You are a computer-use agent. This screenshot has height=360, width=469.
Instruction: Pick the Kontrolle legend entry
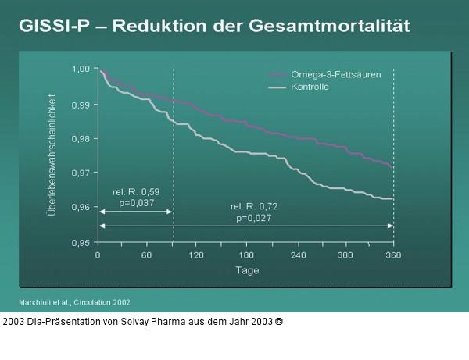click(x=310, y=87)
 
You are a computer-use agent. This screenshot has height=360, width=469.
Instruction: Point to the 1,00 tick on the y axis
click(x=81, y=70)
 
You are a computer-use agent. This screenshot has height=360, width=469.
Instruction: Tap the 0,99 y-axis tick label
click(x=81, y=104)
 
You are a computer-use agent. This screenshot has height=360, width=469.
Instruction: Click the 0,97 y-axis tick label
click(x=81, y=173)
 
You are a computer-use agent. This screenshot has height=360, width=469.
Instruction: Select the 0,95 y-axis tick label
click(x=81, y=242)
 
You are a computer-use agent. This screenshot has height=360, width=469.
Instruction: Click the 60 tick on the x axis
click(x=146, y=255)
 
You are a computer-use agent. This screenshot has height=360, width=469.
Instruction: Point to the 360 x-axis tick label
click(x=393, y=255)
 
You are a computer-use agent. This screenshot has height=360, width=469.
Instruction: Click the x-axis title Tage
click(x=246, y=270)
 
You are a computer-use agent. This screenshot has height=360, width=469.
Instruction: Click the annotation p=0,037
click(x=136, y=203)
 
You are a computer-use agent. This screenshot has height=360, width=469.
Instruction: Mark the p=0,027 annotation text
click(x=252, y=219)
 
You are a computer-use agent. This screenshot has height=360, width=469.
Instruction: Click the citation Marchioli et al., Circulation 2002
click(x=74, y=301)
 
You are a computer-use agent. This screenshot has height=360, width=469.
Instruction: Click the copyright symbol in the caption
click(x=279, y=321)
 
